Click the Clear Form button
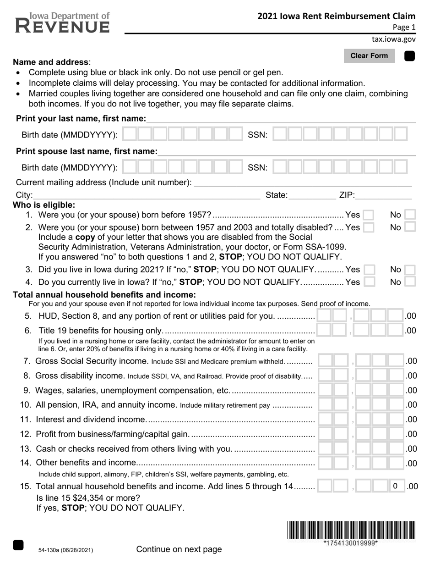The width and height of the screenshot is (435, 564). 369,56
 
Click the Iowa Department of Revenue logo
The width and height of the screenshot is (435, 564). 63,23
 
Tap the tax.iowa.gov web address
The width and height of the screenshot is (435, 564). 393,39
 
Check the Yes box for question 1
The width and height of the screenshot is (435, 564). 368,215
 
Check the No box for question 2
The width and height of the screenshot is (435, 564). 410,227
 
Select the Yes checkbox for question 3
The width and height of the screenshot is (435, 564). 369,269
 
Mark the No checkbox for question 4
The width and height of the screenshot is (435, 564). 410,282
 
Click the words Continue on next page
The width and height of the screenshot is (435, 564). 179,549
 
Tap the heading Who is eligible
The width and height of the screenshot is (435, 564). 44,205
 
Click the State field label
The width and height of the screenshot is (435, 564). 277,195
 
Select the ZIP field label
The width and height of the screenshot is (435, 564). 347,195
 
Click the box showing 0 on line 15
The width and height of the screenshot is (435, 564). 395,486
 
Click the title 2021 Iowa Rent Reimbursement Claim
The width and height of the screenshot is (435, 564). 336,16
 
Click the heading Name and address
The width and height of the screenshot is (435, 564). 51,62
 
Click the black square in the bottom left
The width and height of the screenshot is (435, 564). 18,545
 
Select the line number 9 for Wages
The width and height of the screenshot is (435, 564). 27,391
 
